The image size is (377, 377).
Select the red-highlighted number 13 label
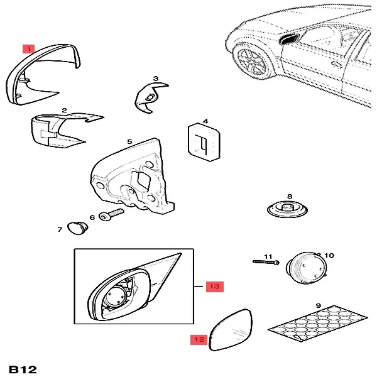(215, 287)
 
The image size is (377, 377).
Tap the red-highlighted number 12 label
(199, 340)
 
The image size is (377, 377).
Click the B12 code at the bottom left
(23, 368)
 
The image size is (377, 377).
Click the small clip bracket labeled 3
(149, 95)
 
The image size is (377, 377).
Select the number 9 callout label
(319, 306)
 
